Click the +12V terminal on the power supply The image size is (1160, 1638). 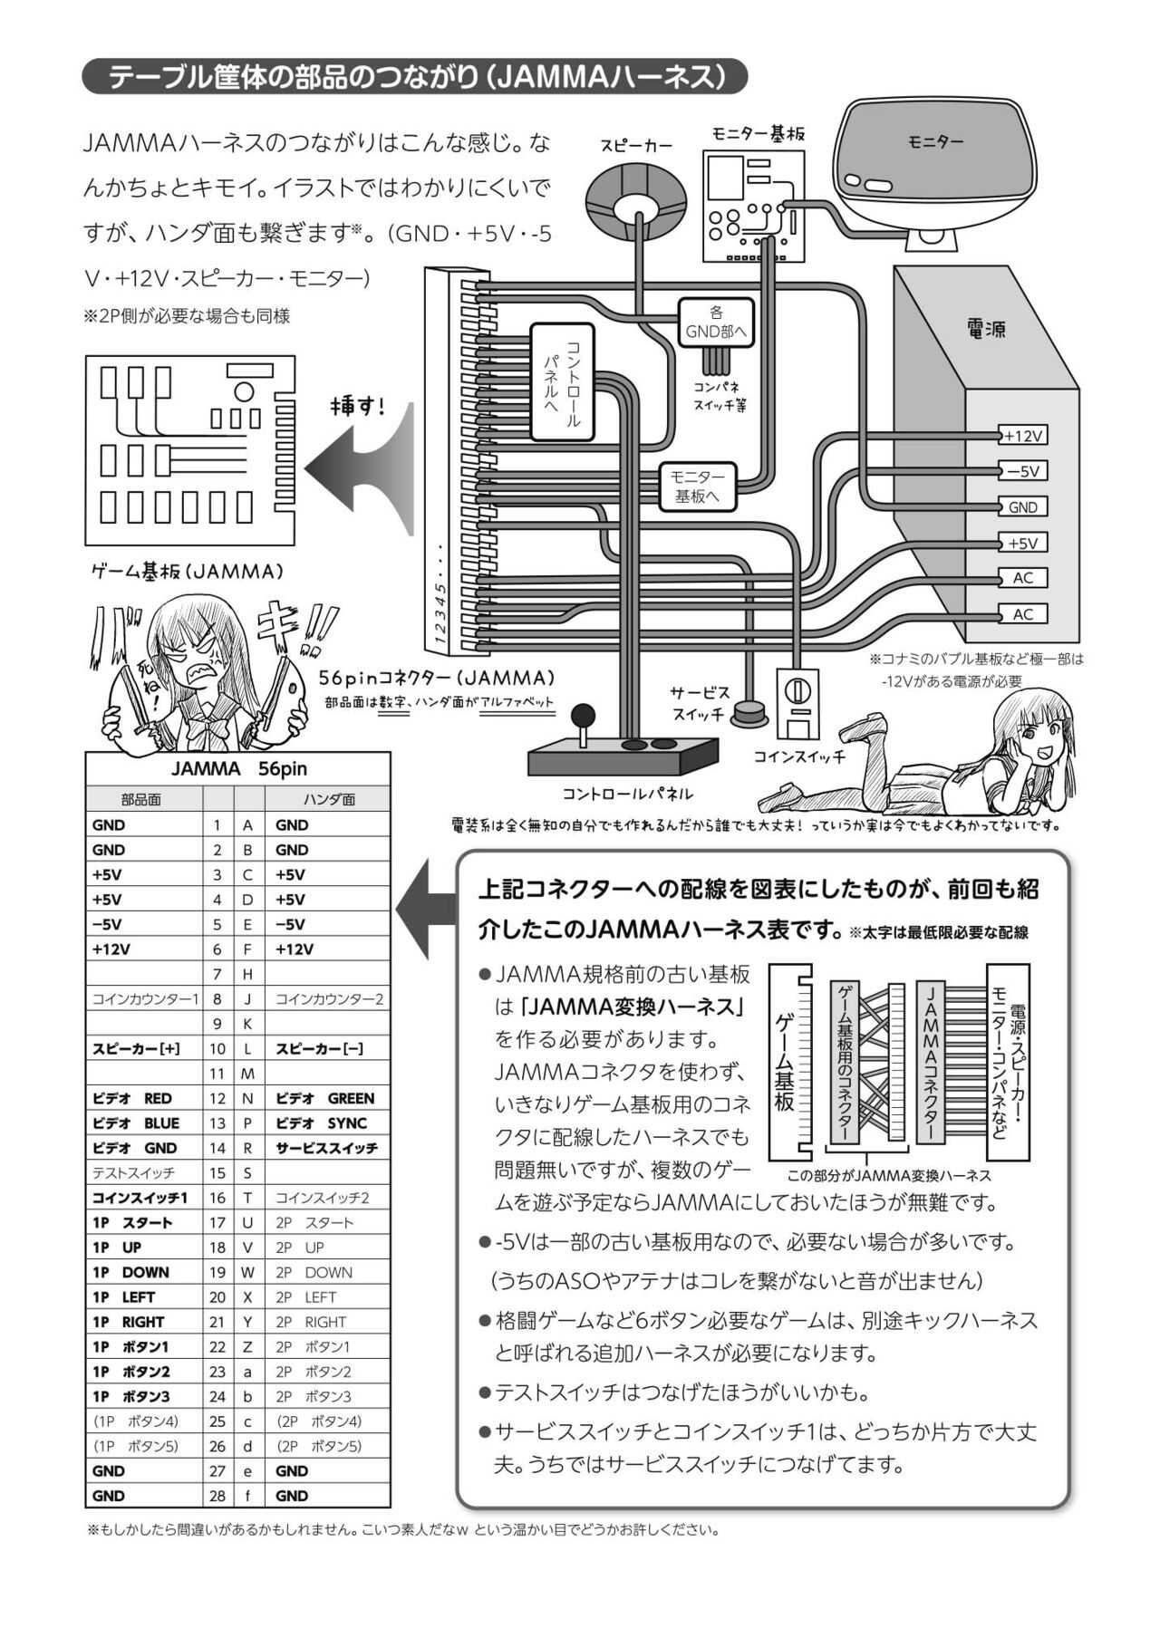pos(1022,436)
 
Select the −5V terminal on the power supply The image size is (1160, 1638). pos(1022,471)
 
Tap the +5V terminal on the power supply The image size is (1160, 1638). pos(1022,543)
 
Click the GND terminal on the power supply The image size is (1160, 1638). pos(1022,507)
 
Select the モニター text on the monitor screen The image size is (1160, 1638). pos(935,142)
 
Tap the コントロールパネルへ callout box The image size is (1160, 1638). pos(563,382)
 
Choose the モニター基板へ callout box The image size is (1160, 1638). pos(697,487)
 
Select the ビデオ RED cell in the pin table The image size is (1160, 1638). pos(144,1098)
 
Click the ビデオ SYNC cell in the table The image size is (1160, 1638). pos(327,1123)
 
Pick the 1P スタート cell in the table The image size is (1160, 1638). pos(144,1222)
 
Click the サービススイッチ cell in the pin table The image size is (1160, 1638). pos(327,1148)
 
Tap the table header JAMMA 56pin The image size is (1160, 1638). pos(238,768)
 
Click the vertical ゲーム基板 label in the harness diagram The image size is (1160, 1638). pos(785,1063)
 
